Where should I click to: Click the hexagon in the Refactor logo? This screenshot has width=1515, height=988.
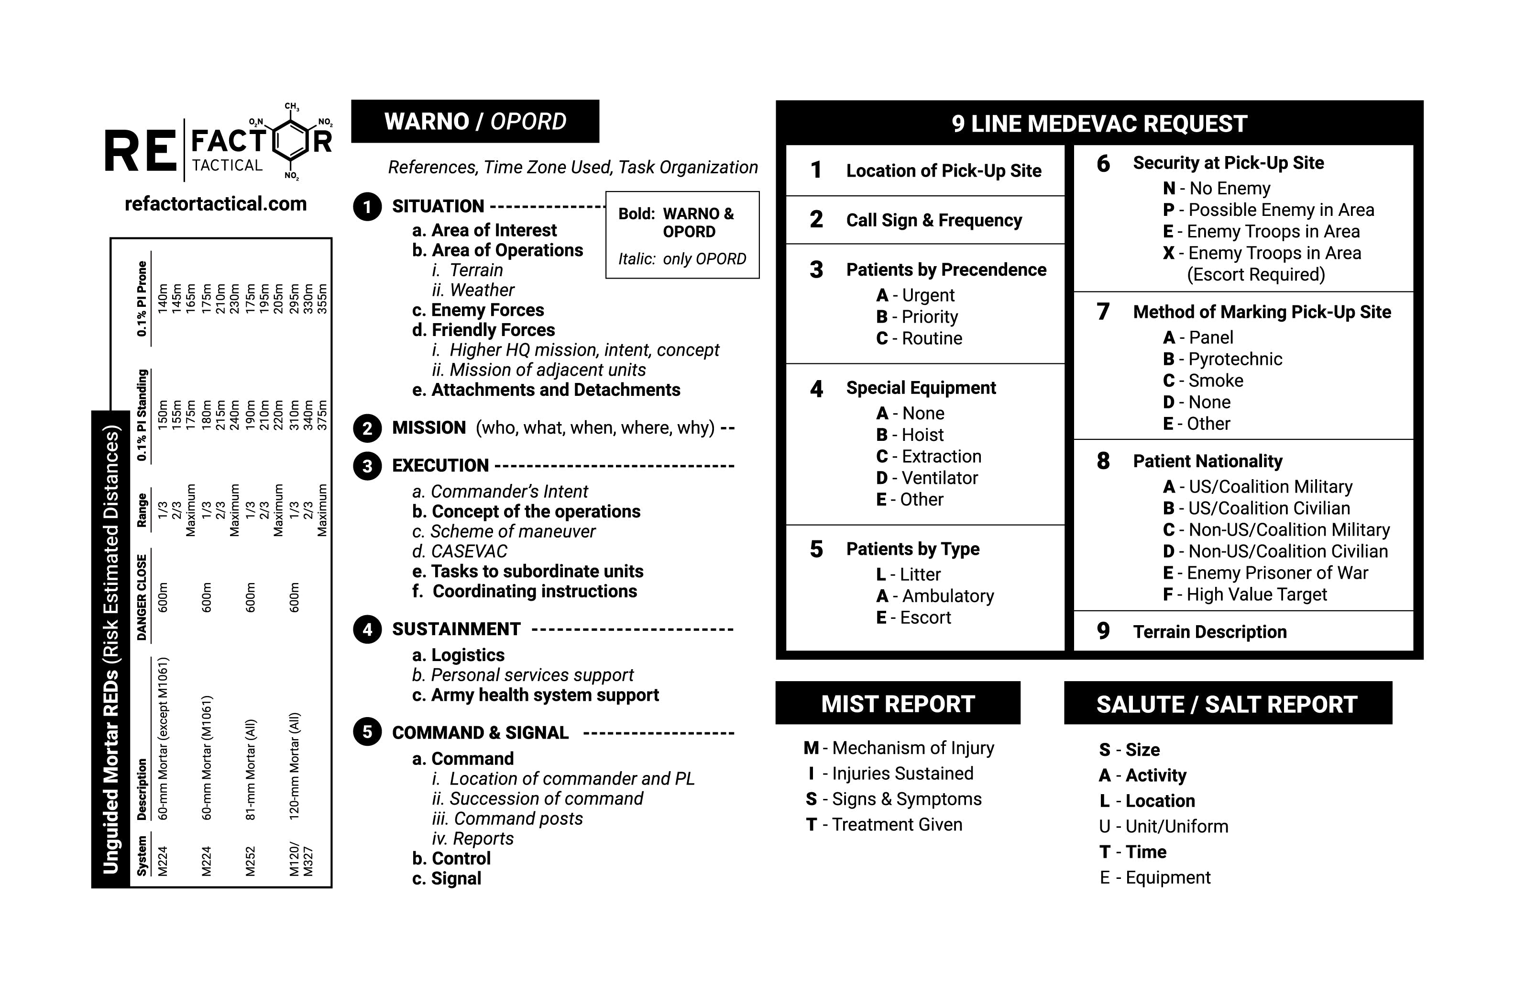(292, 141)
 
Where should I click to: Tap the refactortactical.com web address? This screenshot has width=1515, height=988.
(215, 204)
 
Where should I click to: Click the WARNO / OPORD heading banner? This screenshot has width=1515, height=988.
(475, 121)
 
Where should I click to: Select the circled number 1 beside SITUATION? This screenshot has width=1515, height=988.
(367, 207)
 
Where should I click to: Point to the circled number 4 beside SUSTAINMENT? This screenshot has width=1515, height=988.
(367, 629)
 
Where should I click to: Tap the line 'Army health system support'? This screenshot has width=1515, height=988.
(544, 695)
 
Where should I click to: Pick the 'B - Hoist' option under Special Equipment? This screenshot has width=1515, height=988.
(910, 435)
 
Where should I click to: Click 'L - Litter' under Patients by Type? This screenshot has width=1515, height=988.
(908, 574)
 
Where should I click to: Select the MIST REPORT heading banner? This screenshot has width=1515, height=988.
(898, 704)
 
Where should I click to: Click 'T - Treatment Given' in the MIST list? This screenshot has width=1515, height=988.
(884, 824)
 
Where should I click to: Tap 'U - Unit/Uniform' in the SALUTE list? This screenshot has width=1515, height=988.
(1163, 826)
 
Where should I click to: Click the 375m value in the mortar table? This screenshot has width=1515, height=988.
(323, 415)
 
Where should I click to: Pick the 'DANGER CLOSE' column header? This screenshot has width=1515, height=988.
(142, 597)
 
